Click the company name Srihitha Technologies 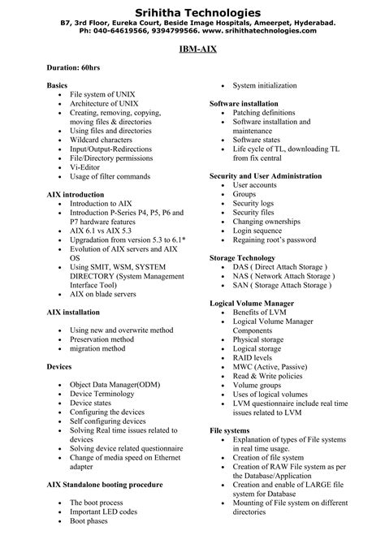click(192, 13)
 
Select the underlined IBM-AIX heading click(192, 50)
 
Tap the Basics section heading click(57, 85)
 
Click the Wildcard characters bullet click(106, 140)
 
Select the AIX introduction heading click(76, 195)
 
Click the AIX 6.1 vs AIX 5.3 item click(106, 231)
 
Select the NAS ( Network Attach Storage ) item click(283, 276)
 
